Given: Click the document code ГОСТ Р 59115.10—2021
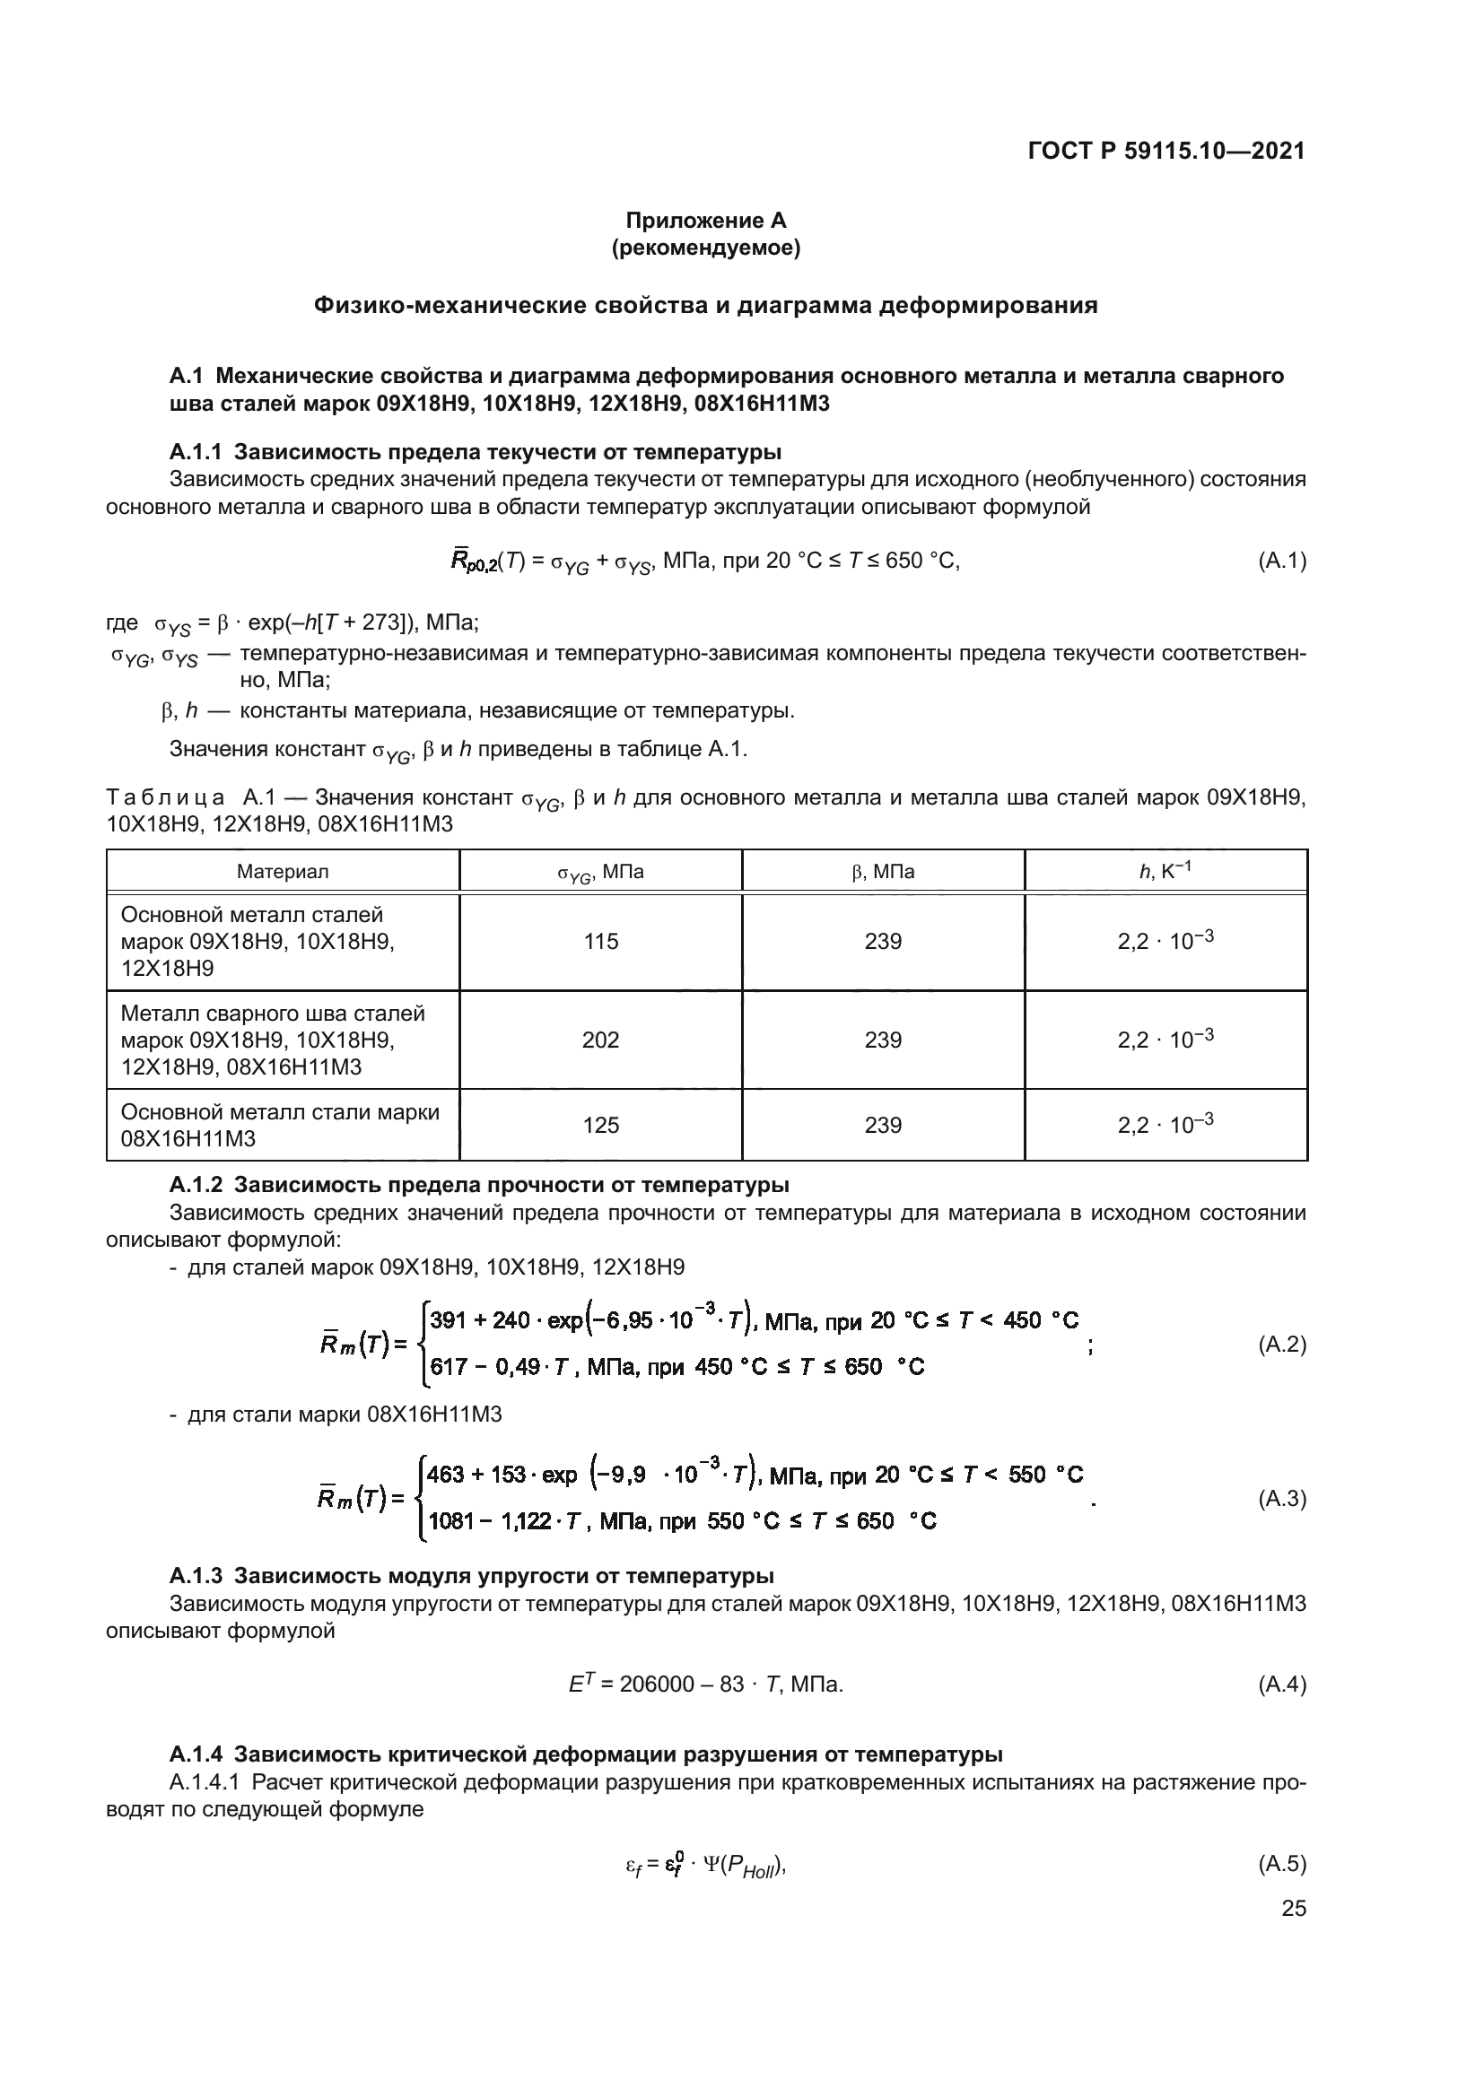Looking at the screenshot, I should pos(1166,151).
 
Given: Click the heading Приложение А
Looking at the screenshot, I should pos(705,221).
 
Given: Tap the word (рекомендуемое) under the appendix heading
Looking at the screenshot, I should pos(705,248).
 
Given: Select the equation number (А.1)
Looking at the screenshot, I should pos(1282,560).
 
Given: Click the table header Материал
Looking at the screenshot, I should pos(283,872).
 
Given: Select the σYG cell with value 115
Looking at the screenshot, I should pos(600,941).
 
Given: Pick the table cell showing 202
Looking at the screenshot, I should pos(600,1040).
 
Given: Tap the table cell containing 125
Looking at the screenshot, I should pos(600,1125).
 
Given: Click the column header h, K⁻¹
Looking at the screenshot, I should pos(1165,871).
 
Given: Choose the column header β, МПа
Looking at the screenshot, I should pos(883,872).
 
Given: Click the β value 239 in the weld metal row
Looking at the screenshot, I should pos(883,1040).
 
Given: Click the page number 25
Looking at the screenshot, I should pos(1294,1908).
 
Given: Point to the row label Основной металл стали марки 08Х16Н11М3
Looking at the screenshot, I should pos(280,1125).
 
